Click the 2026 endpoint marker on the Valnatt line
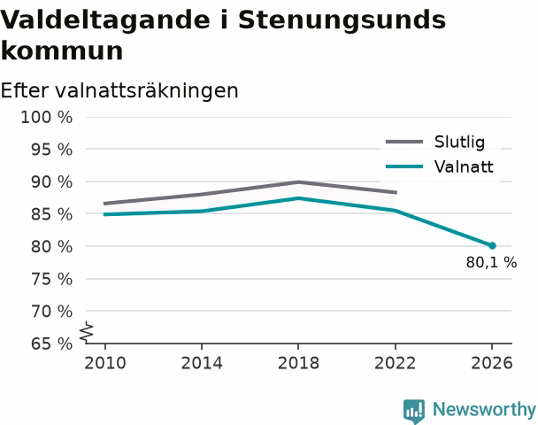492,245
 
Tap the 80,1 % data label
491,263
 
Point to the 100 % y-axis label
47,118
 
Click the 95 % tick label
52,150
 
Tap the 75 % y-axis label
52,279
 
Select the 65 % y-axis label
52,344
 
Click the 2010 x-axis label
105,363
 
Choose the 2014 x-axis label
202,363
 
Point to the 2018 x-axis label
298,363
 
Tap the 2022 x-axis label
396,363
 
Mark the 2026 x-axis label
492,363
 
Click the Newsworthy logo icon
414,411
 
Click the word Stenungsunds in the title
342,19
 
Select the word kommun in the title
62,51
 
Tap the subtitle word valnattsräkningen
147,91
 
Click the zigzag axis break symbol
87,332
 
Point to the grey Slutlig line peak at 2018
298,182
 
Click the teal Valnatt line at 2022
396,210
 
